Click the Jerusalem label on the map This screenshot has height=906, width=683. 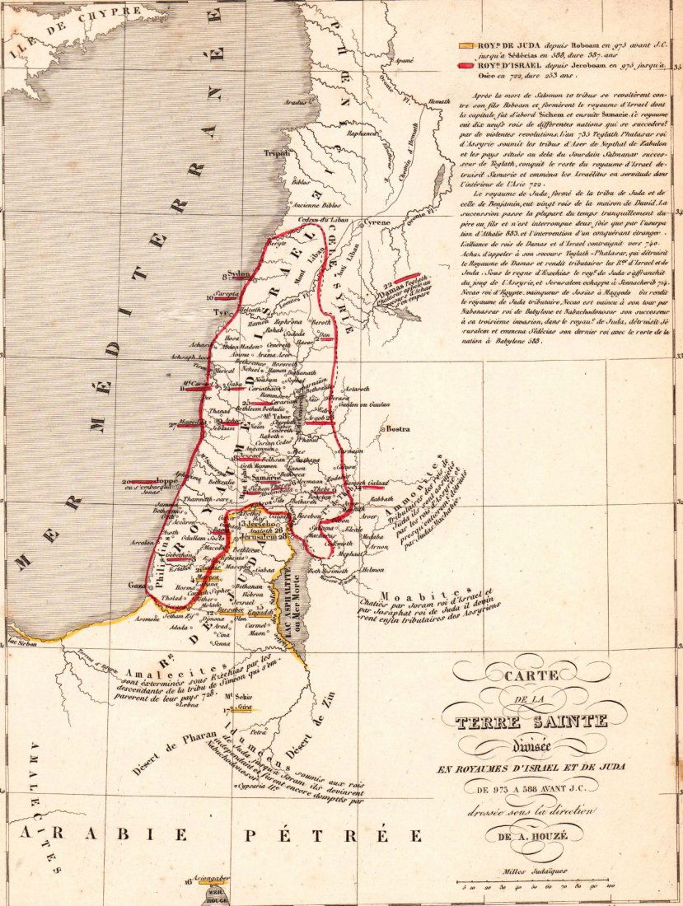[255, 537]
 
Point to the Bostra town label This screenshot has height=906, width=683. [398, 428]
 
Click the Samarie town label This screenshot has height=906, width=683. [265, 478]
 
